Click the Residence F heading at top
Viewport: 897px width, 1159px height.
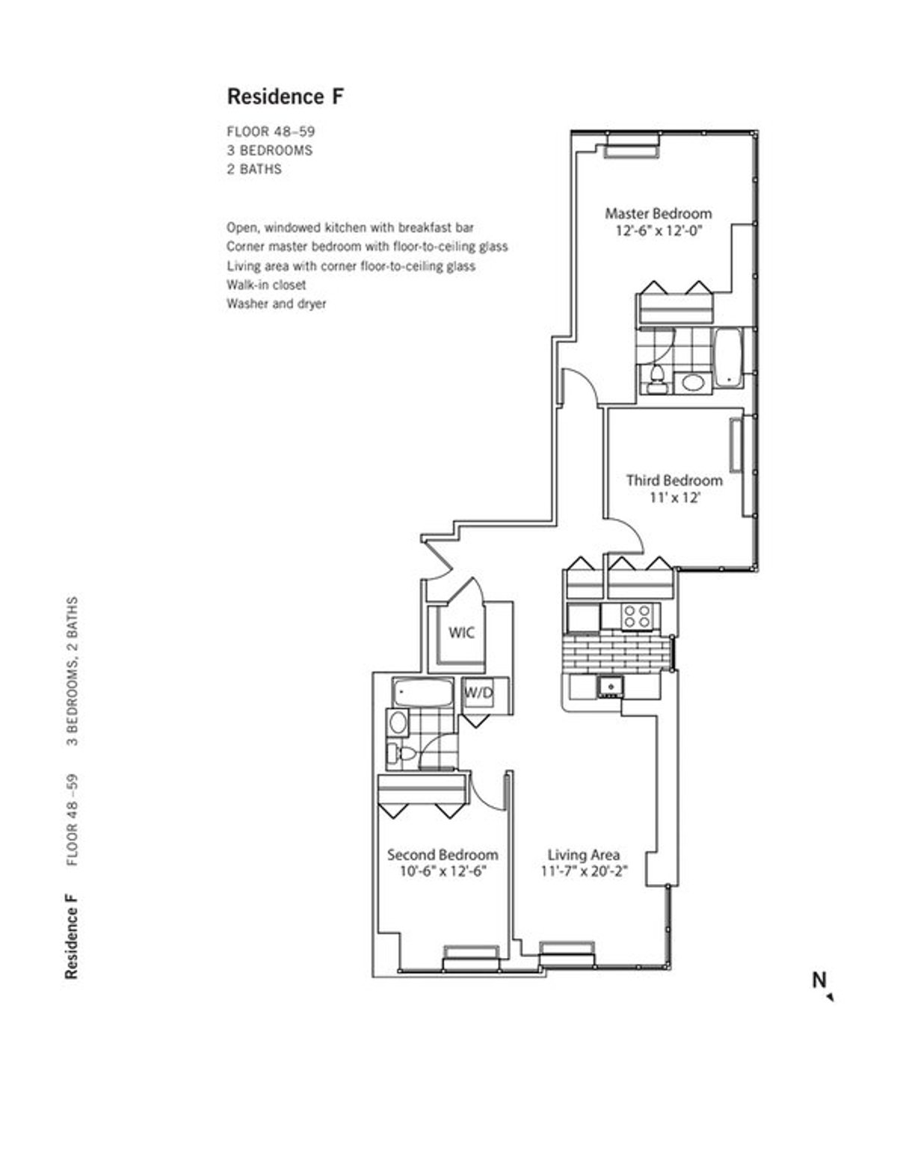(x=285, y=96)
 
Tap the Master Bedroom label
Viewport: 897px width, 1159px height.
(x=658, y=213)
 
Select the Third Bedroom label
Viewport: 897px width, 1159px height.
(x=673, y=480)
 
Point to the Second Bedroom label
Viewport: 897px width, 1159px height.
(x=442, y=855)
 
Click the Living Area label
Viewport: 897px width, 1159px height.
(x=583, y=855)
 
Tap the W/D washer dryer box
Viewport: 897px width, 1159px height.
(x=479, y=693)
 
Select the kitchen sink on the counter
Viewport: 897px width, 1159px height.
(x=610, y=685)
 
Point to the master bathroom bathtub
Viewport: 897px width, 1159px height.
(x=728, y=356)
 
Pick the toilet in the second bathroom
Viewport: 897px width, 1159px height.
(x=401, y=752)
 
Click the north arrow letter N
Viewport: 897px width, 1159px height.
(x=819, y=980)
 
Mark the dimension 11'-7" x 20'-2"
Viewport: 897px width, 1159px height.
(x=583, y=871)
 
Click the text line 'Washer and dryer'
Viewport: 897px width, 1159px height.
(x=276, y=304)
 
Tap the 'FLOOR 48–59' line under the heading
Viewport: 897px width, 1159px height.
(x=271, y=132)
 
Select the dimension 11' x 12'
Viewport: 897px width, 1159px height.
(x=673, y=497)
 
